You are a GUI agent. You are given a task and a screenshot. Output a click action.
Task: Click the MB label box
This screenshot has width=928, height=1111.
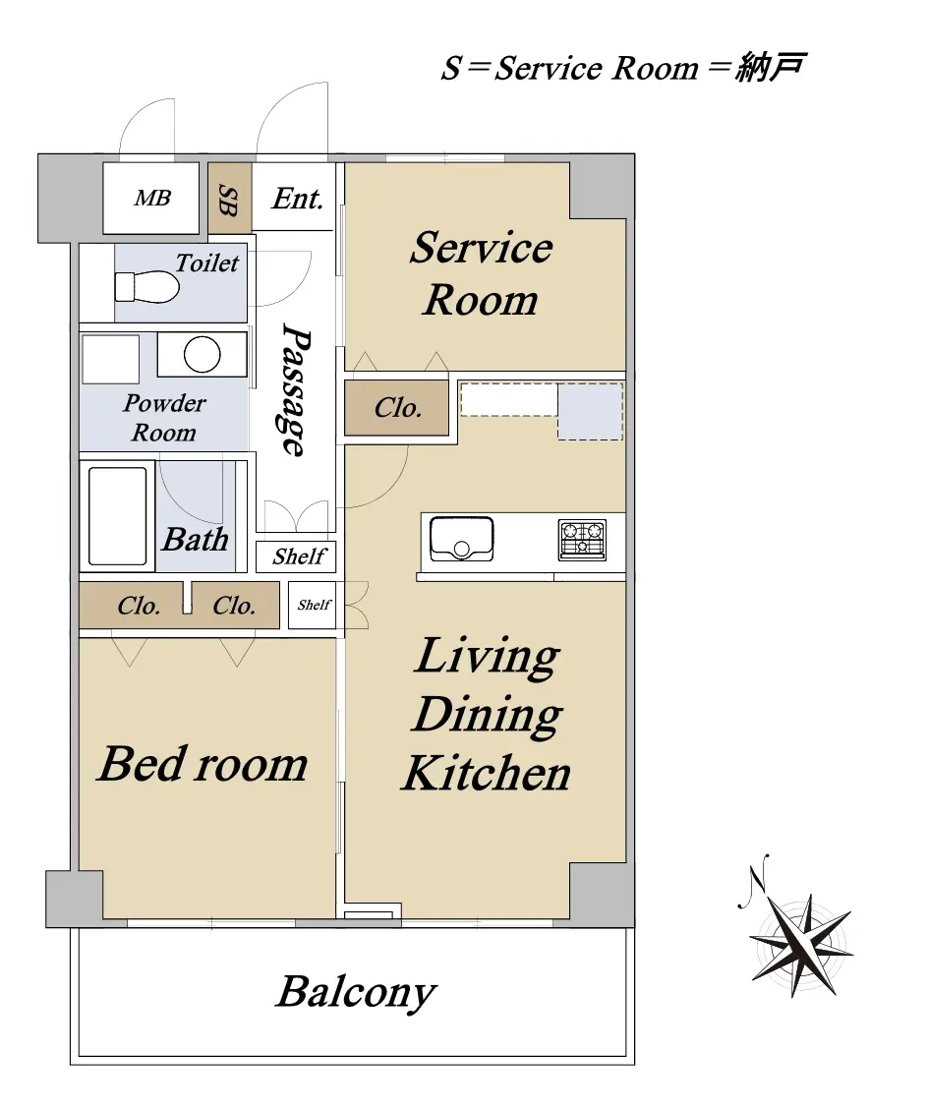[x=150, y=199]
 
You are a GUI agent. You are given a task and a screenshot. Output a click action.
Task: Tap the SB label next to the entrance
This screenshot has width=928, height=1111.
[x=227, y=201]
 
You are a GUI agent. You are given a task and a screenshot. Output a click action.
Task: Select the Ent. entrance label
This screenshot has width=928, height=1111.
[x=298, y=199]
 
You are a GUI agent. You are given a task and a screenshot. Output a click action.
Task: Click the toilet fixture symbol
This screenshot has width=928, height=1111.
[x=146, y=287]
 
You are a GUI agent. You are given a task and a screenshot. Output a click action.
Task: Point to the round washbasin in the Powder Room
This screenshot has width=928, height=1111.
[x=202, y=354]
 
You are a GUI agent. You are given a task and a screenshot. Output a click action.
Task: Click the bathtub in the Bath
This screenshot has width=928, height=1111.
[x=118, y=516]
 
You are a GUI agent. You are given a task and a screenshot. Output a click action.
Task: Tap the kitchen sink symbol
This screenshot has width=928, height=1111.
[x=462, y=539]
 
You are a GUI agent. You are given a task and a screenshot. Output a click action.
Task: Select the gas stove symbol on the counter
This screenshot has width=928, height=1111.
[x=582, y=540]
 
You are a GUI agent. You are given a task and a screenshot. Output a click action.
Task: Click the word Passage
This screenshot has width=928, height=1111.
[x=295, y=389]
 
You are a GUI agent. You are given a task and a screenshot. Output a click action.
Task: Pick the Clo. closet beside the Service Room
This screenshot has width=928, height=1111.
[x=397, y=408]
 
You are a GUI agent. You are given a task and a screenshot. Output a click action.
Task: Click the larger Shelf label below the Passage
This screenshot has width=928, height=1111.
[x=299, y=556]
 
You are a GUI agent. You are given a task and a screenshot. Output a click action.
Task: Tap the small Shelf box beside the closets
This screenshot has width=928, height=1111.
[x=313, y=605]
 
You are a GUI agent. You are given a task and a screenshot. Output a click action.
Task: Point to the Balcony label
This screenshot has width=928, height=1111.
[x=356, y=992]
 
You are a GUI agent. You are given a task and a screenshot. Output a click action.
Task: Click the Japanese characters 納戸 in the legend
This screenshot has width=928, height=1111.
[x=770, y=67]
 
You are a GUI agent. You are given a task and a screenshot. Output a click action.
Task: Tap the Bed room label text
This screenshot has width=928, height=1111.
[x=203, y=764]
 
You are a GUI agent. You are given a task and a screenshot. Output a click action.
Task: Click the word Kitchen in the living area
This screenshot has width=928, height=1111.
[x=487, y=773]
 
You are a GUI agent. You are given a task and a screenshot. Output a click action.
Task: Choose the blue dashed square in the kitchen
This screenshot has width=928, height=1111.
[x=590, y=411]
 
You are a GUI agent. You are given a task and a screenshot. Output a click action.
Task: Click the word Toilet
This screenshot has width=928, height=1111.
[x=206, y=263]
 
